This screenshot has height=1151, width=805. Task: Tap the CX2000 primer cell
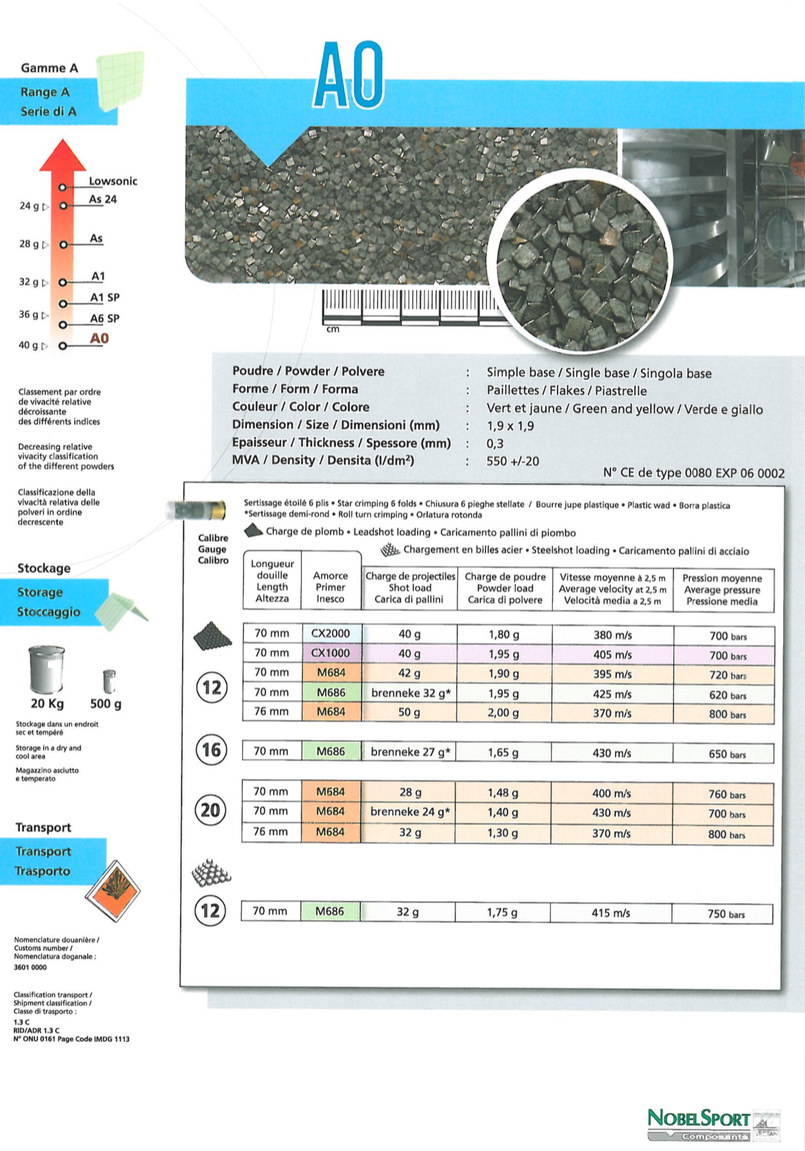click(331, 633)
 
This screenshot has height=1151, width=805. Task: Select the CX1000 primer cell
click(331, 653)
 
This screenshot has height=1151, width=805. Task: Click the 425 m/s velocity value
click(612, 694)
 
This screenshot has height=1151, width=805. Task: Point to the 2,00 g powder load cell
click(503, 713)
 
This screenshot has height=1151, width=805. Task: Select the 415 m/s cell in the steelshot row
click(610, 913)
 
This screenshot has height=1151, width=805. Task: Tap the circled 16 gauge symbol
click(211, 750)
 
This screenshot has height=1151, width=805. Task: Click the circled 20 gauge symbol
click(211, 810)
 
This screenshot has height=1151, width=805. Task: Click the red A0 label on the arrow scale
click(99, 339)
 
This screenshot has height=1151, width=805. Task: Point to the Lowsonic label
click(113, 181)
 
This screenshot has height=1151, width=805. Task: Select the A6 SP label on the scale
click(105, 319)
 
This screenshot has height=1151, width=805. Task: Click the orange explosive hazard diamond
click(112, 891)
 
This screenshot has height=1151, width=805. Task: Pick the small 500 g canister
click(108, 681)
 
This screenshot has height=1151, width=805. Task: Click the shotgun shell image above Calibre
click(196, 511)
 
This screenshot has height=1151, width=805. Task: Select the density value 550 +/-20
click(513, 461)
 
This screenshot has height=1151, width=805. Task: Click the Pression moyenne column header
click(722, 590)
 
